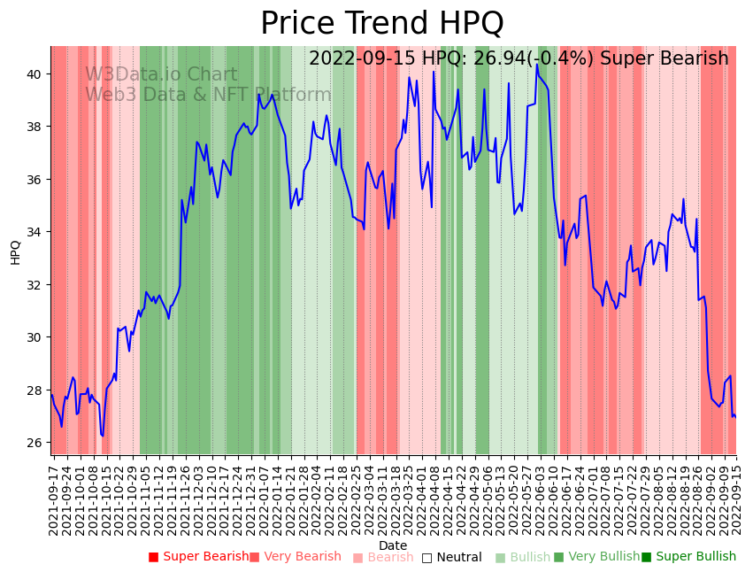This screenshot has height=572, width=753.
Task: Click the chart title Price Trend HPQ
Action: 381,23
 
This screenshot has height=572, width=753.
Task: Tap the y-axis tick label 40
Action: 37,74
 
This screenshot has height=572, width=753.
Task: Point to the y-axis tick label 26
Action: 37,443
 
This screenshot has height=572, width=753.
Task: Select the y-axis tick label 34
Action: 37,232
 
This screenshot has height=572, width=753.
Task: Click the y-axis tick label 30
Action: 37,337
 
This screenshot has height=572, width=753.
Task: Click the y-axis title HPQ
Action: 15,251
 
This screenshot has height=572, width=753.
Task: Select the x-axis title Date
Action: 393,545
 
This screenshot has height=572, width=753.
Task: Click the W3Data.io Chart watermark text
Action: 161,75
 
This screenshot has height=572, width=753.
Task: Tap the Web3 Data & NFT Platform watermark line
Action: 208,96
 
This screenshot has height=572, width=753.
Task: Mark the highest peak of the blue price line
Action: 536,64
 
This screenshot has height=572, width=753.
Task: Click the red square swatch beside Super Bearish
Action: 153,557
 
